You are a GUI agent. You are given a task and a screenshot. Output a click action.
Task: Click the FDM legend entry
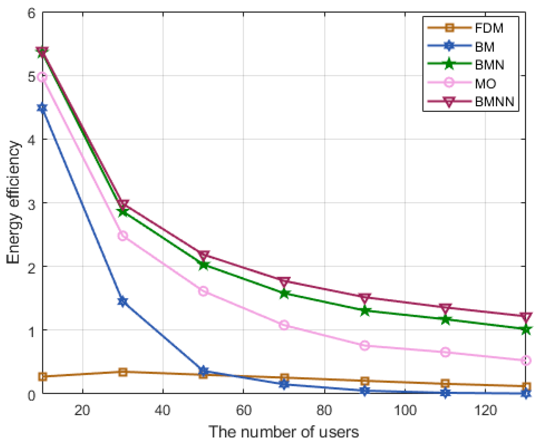point(489,28)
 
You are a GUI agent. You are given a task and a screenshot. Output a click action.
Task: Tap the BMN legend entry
point(489,65)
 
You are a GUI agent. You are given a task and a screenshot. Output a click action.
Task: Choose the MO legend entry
point(485,83)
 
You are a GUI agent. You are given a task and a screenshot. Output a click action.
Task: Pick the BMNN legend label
point(494,101)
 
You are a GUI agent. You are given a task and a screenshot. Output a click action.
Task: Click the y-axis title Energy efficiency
point(13,202)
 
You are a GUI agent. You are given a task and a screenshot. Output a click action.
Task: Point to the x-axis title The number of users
point(284,432)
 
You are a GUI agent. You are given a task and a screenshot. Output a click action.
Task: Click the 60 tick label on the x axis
point(244,410)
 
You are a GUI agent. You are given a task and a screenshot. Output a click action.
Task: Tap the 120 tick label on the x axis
point(486,410)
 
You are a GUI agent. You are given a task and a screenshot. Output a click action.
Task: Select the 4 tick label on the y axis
point(31,139)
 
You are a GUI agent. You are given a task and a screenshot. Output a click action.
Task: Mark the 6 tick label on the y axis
point(31,13)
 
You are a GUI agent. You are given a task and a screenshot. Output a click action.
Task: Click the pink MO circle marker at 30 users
point(123,236)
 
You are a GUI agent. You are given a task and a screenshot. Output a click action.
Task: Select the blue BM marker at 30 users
point(123,301)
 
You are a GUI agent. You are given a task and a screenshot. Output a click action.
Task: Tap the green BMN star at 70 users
point(284,294)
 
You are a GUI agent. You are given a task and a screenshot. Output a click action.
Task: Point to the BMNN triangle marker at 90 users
point(365,298)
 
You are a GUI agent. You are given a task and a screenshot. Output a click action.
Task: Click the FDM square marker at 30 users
point(123,372)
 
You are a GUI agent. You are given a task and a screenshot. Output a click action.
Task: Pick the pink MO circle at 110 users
point(445,352)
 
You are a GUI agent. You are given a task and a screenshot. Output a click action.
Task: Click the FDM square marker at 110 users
point(445,384)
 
